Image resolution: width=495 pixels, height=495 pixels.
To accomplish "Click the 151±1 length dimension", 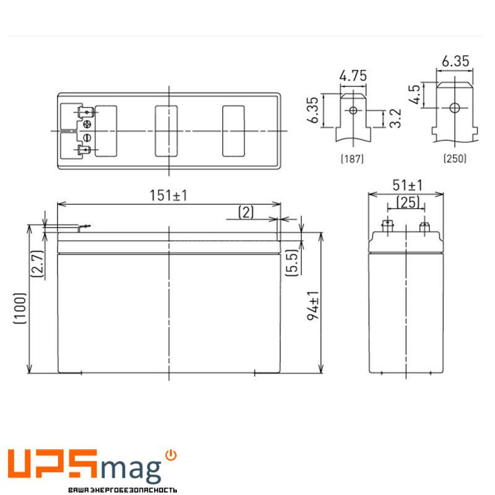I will click(168, 196).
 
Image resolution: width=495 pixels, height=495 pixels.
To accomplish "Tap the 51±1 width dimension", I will click(407, 185).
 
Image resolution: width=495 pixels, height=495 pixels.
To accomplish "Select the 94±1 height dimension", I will click(314, 304).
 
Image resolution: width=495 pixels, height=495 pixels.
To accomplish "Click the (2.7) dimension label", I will click(37, 263).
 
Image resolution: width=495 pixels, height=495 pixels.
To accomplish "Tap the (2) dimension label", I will click(246, 213).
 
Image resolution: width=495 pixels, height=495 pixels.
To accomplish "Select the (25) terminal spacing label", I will click(406, 202).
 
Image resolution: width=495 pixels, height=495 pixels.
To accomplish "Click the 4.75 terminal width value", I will click(353, 76).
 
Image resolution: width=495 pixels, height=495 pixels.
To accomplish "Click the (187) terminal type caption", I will click(352, 159).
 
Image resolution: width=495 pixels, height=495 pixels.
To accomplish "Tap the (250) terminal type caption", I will click(455, 159).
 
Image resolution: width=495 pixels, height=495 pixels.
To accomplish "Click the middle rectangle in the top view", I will click(166, 131).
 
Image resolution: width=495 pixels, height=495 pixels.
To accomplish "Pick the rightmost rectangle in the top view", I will click(233, 131).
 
